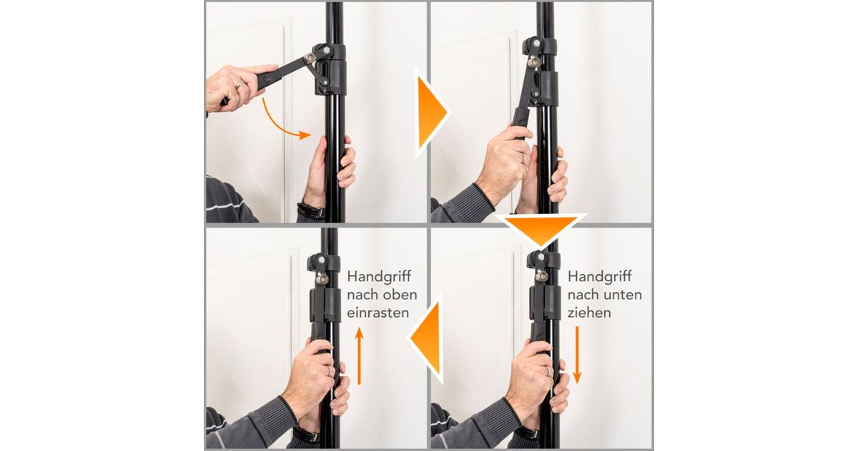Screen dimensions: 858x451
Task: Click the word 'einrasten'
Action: tap(373, 313)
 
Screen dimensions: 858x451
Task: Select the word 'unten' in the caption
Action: tap(623, 294)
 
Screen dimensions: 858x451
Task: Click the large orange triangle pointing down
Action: tap(541, 229)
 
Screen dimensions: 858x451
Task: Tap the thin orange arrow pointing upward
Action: tap(359, 356)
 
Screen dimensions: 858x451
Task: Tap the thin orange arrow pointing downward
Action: tap(577, 355)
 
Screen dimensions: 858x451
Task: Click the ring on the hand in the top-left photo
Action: tap(240, 84)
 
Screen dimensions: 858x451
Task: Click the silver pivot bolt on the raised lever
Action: tap(310, 58)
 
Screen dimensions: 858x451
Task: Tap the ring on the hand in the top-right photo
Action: tap(523, 159)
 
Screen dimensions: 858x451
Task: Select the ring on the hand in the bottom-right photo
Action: tap(548, 372)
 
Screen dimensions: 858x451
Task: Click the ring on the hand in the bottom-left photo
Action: tap(329, 371)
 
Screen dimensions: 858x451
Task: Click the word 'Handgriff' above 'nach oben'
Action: tap(379, 276)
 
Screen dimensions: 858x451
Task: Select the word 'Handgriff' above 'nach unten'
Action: tap(599, 276)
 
